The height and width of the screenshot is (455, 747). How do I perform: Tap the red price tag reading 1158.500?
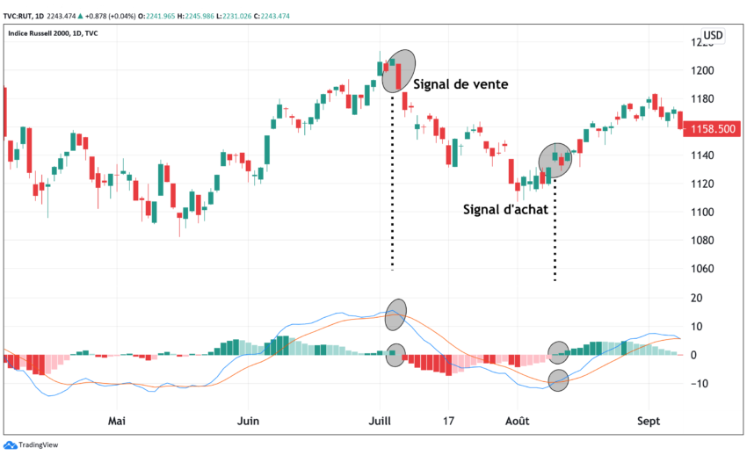coord(714,129)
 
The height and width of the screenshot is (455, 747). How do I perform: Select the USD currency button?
coord(713,35)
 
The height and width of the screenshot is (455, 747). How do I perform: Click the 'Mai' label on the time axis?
coord(116,422)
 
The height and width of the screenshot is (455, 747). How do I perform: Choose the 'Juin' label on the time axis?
coord(249,422)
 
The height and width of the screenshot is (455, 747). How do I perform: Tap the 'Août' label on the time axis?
coord(518,422)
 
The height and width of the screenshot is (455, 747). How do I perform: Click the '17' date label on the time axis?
coord(449,422)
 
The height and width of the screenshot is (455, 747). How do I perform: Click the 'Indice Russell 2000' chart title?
coord(51,33)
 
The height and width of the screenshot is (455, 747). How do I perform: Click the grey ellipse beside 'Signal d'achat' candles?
coord(555,161)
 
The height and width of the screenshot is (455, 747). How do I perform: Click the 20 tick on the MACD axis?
coord(696,298)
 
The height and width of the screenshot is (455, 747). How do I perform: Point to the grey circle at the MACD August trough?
coord(558,380)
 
